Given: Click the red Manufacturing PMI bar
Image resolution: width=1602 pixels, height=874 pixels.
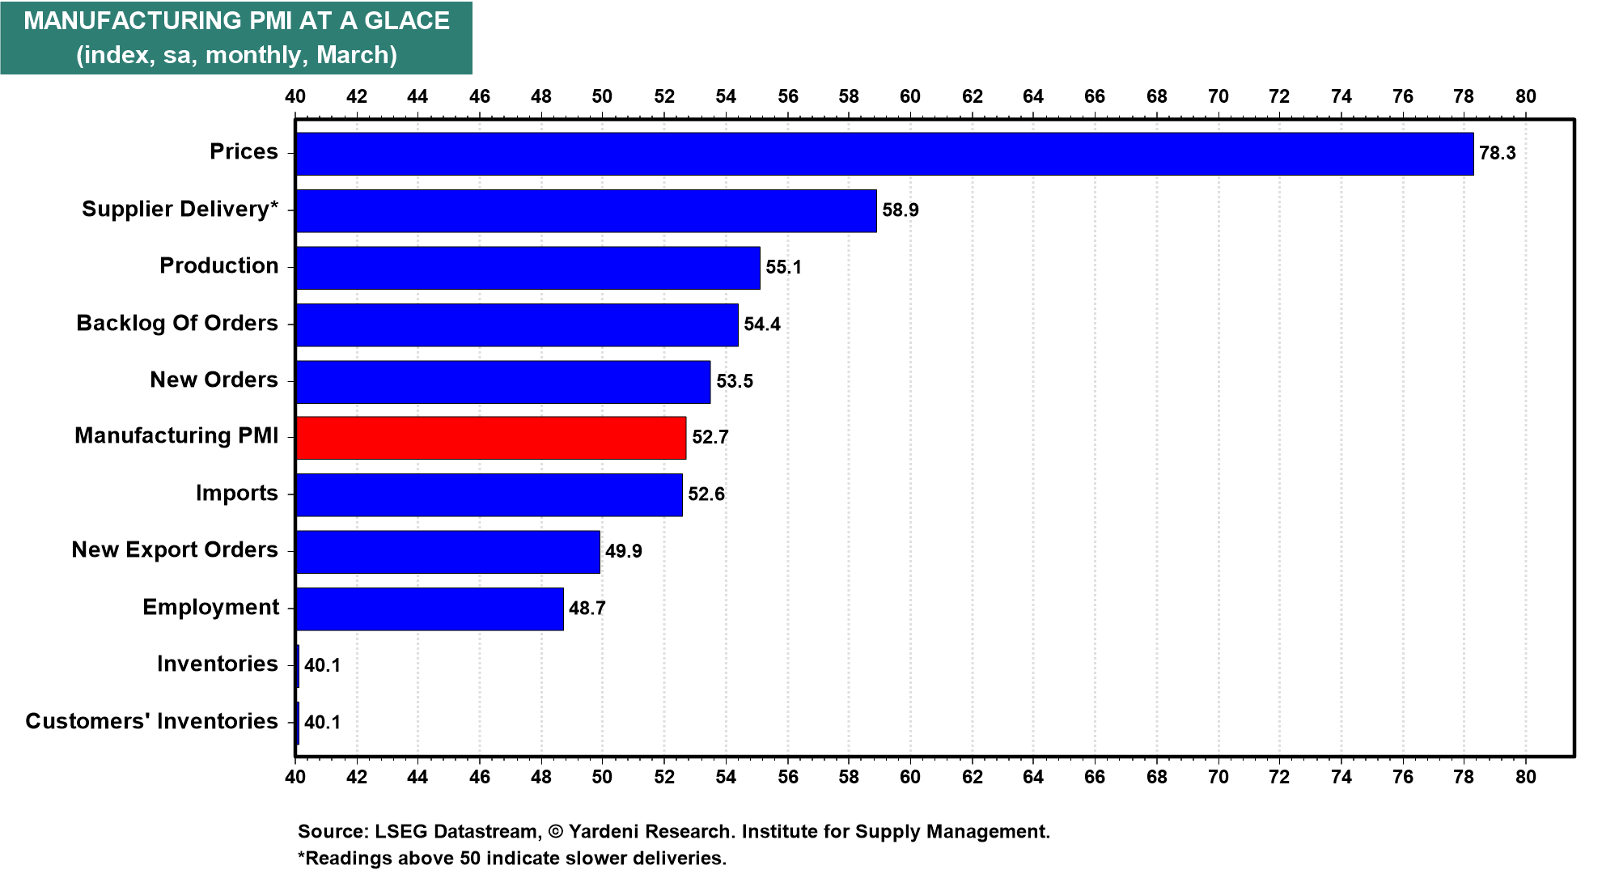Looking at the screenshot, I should [x=490, y=438].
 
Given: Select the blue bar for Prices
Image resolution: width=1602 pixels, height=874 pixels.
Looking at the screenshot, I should [x=884, y=154].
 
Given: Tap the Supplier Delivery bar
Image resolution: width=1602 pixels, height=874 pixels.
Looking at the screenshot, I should [x=586, y=210].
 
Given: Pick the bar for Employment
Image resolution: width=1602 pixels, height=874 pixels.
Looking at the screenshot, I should [x=429, y=609].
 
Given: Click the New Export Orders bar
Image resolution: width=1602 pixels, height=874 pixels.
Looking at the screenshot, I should [x=447, y=552].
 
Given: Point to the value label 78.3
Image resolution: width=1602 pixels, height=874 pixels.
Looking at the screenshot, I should [x=1497, y=154].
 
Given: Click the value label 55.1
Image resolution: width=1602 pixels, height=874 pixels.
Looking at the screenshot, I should [x=783, y=268].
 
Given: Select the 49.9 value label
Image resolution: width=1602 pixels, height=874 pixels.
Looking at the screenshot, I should [x=623, y=552].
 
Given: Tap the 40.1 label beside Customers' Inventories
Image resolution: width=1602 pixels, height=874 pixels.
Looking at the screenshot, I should [x=322, y=723].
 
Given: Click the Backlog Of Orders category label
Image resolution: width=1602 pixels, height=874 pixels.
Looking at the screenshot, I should [x=177, y=324].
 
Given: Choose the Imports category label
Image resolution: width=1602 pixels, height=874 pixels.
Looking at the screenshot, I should [x=236, y=494].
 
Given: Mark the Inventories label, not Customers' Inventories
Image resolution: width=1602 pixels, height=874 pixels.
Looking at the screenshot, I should [x=217, y=664].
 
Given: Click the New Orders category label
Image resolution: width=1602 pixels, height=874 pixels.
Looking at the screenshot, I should [x=214, y=380].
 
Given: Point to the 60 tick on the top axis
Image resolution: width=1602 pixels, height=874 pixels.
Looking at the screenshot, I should [x=910, y=97].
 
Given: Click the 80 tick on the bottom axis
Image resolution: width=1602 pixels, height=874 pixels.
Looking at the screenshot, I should [x=1525, y=777].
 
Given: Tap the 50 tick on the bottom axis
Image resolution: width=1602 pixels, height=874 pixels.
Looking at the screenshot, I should [x=602, y=777].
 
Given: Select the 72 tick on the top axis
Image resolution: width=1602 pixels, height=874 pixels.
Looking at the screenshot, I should [x=1279, y=97].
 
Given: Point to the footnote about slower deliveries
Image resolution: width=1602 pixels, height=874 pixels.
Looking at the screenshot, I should [x=512, y=859].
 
